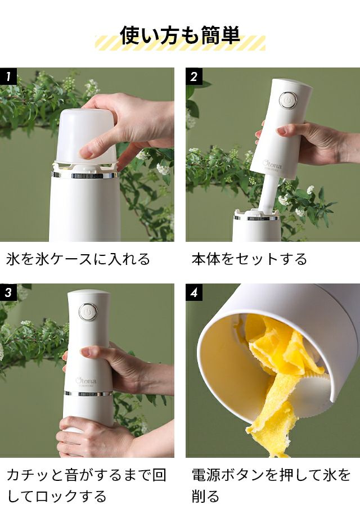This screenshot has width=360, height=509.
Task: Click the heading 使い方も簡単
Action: (x=180, y=35)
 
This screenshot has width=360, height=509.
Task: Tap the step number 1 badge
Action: (x=8, y=76)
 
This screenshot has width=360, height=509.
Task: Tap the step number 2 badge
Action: (x=194, y=76)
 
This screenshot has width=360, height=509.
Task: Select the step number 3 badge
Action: (x=8, y=292)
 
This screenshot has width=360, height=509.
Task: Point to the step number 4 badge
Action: (x=194, y=292)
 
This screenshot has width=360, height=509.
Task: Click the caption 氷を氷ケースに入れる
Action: (x=78, y=259)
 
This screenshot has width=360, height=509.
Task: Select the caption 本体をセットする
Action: (x=249, y=259)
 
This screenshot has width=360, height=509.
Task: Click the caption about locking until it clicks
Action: (x=87, y=485)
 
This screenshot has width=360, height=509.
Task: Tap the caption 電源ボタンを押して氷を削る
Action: (x=271, y=485)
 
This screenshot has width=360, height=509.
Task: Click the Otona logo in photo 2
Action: (x=272, y=164)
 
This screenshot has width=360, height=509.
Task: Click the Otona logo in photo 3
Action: (x=86, y=381)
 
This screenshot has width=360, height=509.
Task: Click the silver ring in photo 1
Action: (x=85, y=175)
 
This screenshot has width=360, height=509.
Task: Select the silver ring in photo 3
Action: (x=88, y=394)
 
